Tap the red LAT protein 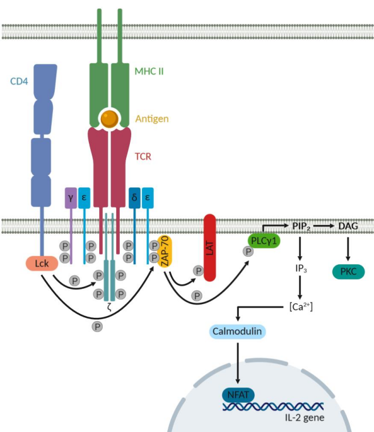pyautogui.click(x=209, y=248)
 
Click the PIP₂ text pyautogui.click(x=300, y=227)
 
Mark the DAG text pyautogui.click(x=347, y=227)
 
